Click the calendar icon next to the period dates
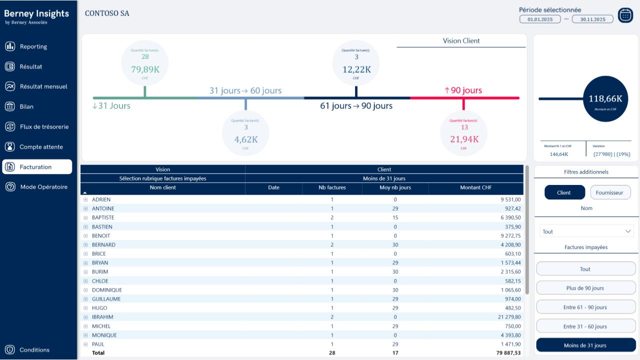[x=625, y=15]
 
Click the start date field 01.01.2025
[x=540, y=19]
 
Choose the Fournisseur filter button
[x=610, y=192]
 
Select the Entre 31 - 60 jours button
[x=585, y=326]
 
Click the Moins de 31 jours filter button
[x=585, y=345]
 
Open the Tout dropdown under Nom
[x=586, y=231]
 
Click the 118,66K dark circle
[x=605, y=99]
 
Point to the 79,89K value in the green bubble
[x=145, y=69]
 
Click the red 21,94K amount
[x=463, y=139]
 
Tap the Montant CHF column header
[x=475, y=188]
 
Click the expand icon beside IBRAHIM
[x=85, y=317]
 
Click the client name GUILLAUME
[x=106, y=299]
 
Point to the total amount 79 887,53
[x=503, y=353]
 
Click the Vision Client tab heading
[x=461, y=41]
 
